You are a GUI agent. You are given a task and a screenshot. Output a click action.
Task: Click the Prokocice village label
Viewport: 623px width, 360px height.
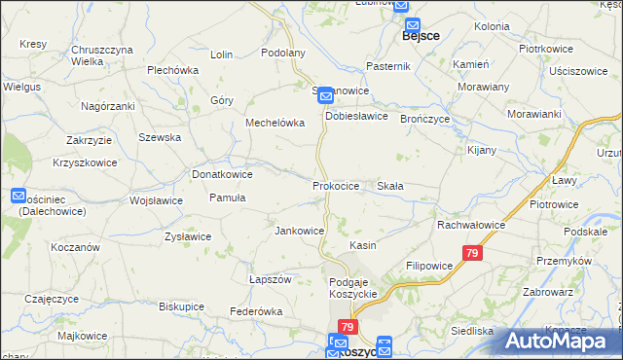point(336,185)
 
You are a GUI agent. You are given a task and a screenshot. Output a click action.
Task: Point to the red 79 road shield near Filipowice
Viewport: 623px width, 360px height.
point(472,253)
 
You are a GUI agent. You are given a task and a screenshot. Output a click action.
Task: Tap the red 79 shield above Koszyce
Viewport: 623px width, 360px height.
point(348,328)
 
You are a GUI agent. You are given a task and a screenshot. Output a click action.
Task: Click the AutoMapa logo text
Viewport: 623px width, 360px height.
point(563,342)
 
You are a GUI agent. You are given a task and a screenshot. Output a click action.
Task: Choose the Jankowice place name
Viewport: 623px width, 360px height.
point(299,231)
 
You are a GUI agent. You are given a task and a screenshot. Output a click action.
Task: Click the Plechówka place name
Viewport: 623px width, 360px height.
point(172,70)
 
